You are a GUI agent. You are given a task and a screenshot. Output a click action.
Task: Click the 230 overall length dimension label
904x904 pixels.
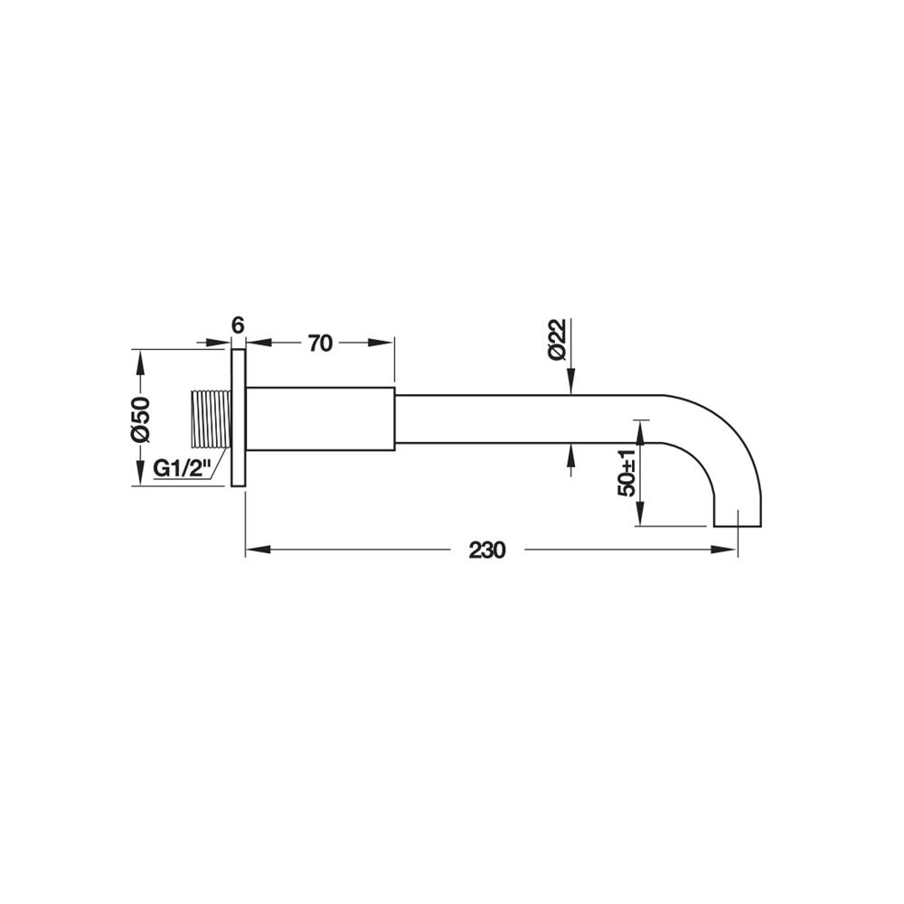[x=487, y=550]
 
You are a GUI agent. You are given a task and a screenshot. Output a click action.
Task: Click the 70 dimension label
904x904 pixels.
[x=321, y=344]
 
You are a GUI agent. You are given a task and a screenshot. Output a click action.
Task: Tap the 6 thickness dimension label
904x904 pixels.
[x=238, y=325]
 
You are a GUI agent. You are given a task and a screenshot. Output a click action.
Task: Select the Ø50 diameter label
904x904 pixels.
[x=140, y=418]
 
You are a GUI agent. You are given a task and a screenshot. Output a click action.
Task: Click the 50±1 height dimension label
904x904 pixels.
[x=626, y=473]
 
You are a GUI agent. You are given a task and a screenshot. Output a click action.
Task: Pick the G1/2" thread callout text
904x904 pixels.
[x=180, y=468]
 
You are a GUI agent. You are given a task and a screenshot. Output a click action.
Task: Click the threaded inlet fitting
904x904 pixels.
[x=211, y=419]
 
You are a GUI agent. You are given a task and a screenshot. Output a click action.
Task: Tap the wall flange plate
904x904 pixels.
[x=239, y=418]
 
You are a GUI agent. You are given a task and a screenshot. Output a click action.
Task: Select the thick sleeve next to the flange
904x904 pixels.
[x=321, y=419]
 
